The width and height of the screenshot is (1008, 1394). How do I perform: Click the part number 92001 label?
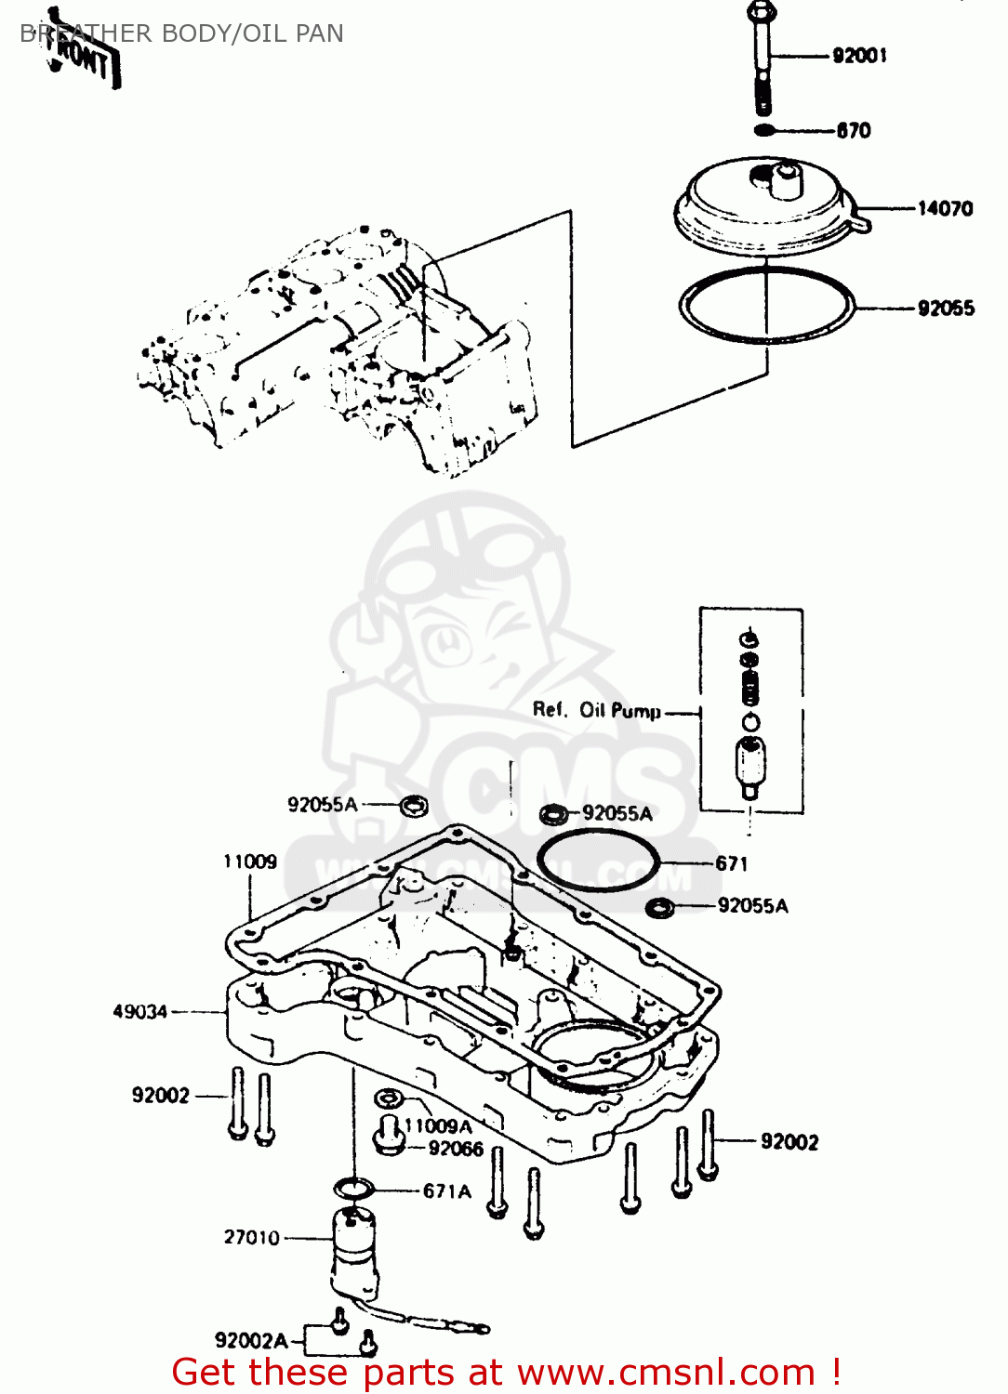pos(859,56)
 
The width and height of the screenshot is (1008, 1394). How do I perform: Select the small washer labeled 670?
pos(763,130)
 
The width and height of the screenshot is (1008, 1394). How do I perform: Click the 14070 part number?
pos(945,209)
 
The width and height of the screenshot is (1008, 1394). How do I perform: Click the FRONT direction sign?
pos(84,58)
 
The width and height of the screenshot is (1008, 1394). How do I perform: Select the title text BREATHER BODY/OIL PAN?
pos(182,33)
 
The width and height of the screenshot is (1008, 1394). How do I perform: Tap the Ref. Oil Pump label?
pos(596,711)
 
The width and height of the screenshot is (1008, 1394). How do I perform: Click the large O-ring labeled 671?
pos(598,861)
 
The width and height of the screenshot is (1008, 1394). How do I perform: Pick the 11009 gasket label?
pos(249,861)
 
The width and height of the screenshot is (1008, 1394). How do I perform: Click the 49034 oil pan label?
pos(140,1011)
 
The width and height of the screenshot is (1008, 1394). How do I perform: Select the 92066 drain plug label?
pos(456,1149)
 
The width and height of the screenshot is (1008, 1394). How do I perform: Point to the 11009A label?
pos(438,1126)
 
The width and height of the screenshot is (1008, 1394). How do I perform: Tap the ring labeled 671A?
pos(353,1188)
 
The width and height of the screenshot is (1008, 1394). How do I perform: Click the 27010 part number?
pos(251,1238)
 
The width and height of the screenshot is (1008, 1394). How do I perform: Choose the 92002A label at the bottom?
pos(251,1340)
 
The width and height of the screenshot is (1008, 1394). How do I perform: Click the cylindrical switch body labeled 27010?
pos(355,1255)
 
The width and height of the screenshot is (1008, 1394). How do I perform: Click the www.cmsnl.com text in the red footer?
pos(666,1373)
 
